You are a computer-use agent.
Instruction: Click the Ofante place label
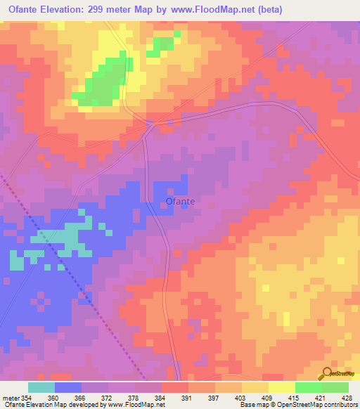[x=180, y=202]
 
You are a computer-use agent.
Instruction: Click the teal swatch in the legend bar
[x=41, y=387]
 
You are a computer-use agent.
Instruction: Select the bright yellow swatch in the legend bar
[x=282, y=387]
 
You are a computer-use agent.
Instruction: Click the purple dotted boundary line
[x=70, y=274]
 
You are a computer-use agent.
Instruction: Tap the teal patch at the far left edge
[x=15, y=261]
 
